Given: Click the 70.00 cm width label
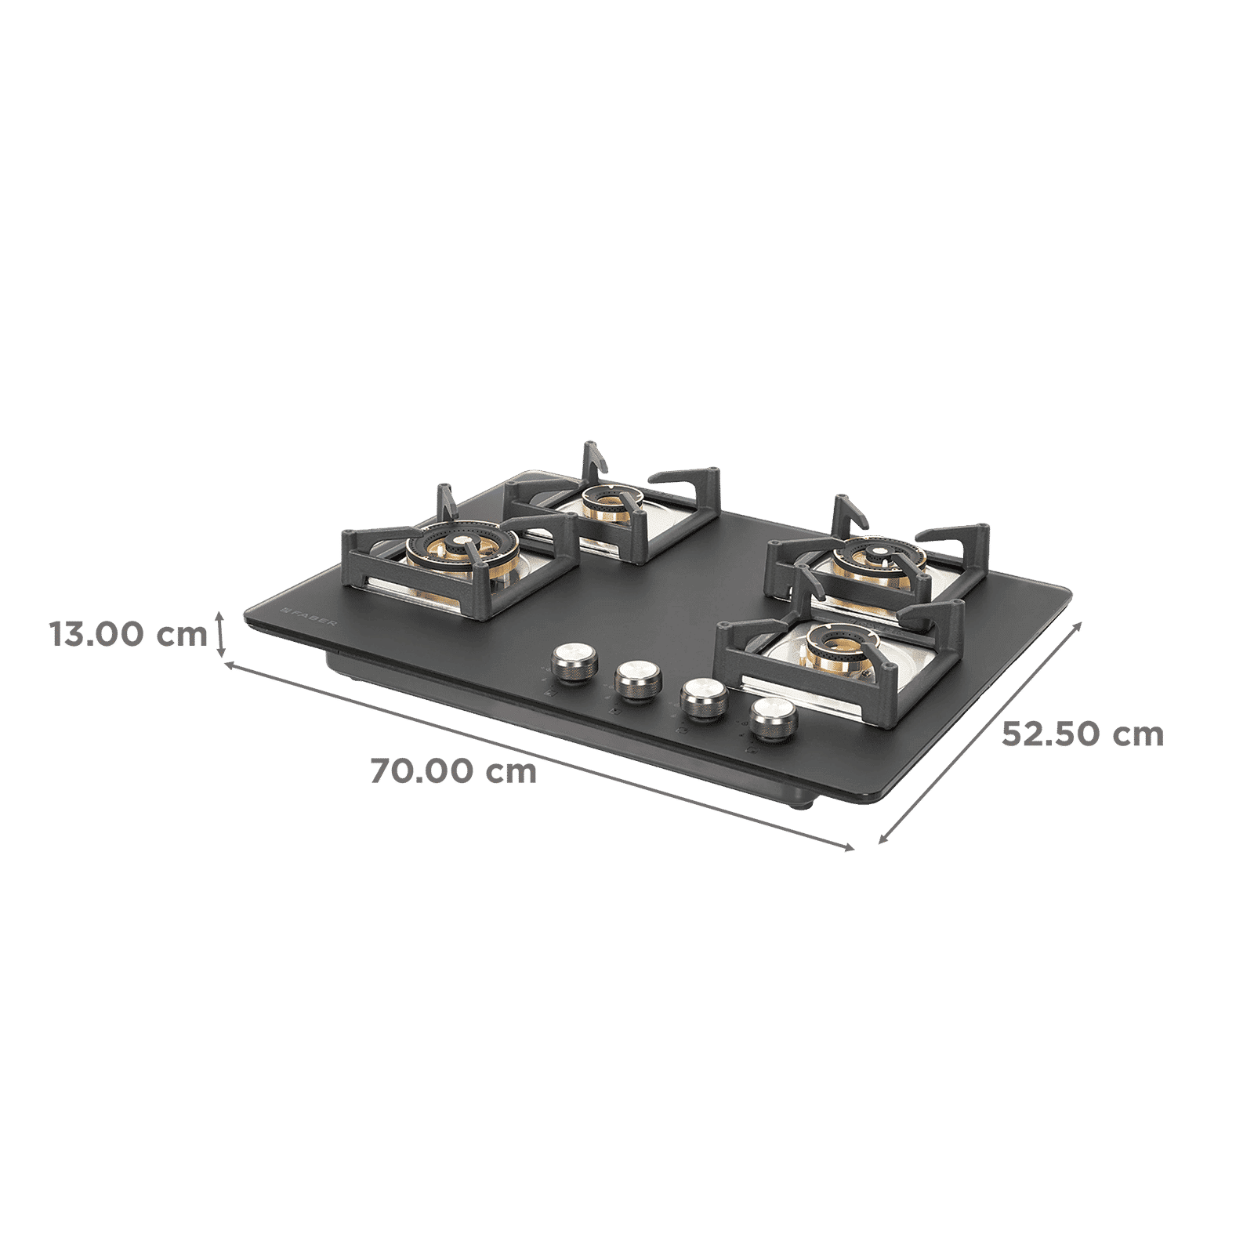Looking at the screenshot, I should coord(454,772).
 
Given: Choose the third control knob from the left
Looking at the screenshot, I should coord(701,698).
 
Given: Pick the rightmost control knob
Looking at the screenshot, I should coord(772,716).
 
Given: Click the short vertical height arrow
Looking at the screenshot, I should coord(222,634).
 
